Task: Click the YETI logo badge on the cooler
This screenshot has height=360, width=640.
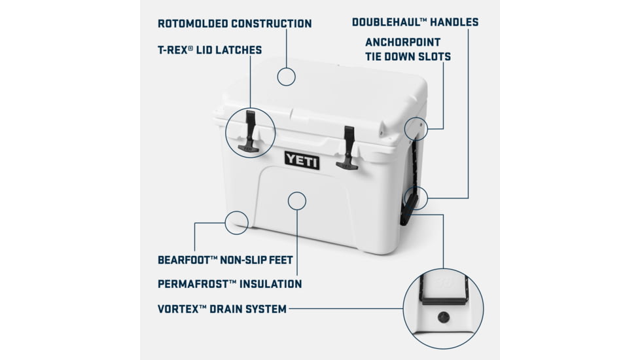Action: click(x=302, y=160)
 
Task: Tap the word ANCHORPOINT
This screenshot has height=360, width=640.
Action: click(x=403, y=43)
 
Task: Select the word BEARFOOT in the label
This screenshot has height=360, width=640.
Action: click(x=186, y=260)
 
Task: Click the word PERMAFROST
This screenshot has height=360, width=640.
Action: click(x=194, y=284)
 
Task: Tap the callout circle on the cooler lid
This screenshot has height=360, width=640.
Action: click(x=286, y=76)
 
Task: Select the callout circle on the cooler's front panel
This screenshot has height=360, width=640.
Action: click(x=297, y=200)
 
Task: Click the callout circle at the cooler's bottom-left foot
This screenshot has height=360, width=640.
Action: click(x=236, y=223)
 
